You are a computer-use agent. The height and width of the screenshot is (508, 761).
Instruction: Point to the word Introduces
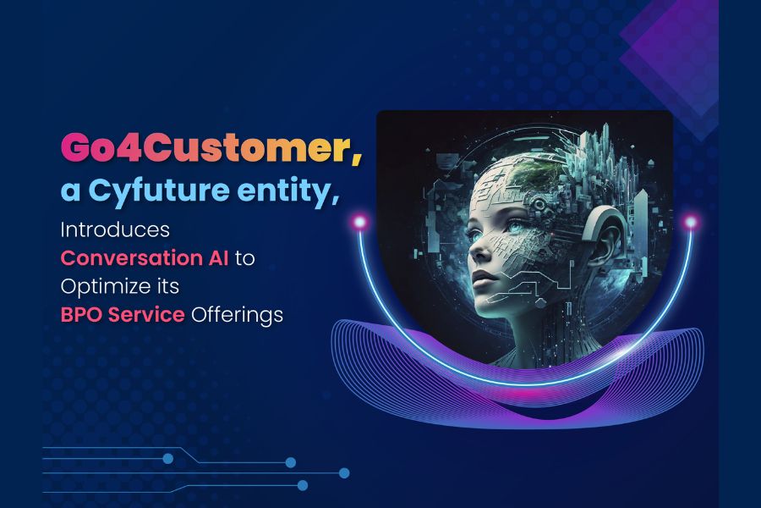pos(115,229)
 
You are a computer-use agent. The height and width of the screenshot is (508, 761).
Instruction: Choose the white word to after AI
pos(244,258)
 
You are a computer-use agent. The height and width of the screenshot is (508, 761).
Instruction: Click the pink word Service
pos(146,314)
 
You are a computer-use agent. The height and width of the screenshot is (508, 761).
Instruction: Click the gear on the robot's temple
pos(539,204)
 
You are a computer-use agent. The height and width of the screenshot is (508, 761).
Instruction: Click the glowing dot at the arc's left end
pos(359,222)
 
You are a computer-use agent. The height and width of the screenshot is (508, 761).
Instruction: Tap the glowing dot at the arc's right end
pos(690,223)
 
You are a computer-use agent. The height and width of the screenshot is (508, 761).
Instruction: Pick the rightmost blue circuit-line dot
pos(344,472)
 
